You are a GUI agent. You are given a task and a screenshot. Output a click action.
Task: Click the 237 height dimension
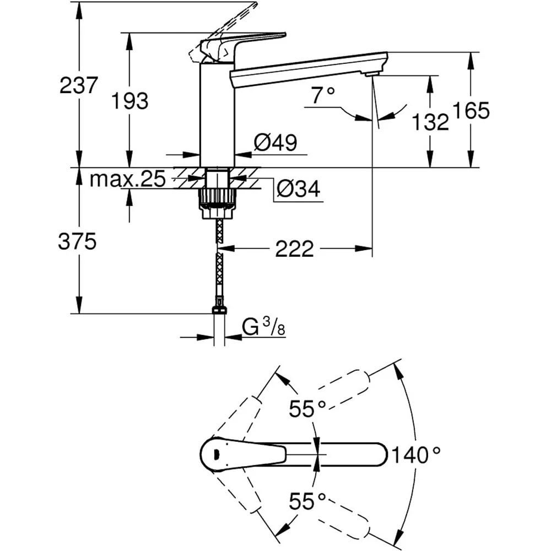[79, 85]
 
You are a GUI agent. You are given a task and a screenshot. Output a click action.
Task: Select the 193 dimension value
[130, 101]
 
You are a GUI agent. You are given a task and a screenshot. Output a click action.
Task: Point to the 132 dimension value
[430, 122]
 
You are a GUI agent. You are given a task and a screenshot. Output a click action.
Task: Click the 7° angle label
[323, 96]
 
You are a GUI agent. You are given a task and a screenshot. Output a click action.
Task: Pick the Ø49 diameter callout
[275, 143]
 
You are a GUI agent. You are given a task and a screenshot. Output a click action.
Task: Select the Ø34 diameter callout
[298, 190]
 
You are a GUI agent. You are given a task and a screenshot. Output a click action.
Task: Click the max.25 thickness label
[127, 179]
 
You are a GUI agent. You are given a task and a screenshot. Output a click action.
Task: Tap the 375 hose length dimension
[78, 241]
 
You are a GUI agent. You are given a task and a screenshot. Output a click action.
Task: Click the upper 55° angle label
[308, 409]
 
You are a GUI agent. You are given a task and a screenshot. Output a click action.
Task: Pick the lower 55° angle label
[308, 501]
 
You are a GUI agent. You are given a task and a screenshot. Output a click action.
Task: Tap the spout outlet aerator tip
[372, 74]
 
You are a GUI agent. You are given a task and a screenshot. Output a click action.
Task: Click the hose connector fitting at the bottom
[219, 307]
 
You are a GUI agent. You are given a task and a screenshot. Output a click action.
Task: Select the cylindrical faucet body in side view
[217, 116]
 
